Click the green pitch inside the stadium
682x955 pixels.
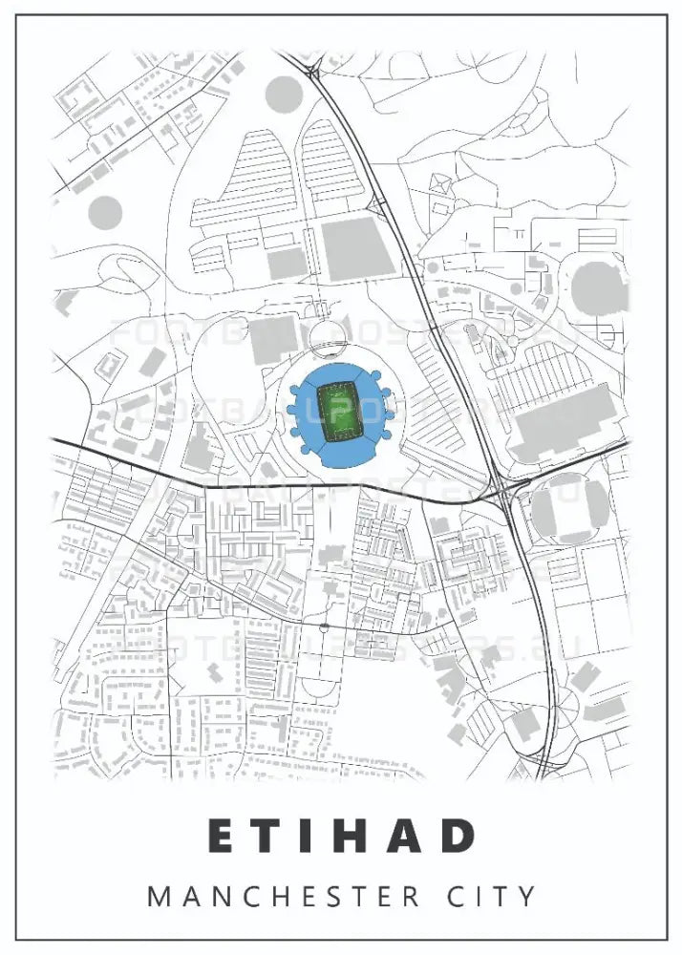pos(336,413)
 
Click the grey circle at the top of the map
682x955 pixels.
pos(283,94)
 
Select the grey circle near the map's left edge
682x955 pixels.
pos(105,212)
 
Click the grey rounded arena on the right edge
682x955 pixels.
pos(598,285)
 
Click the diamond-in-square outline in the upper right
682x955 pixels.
pos(440,183)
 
